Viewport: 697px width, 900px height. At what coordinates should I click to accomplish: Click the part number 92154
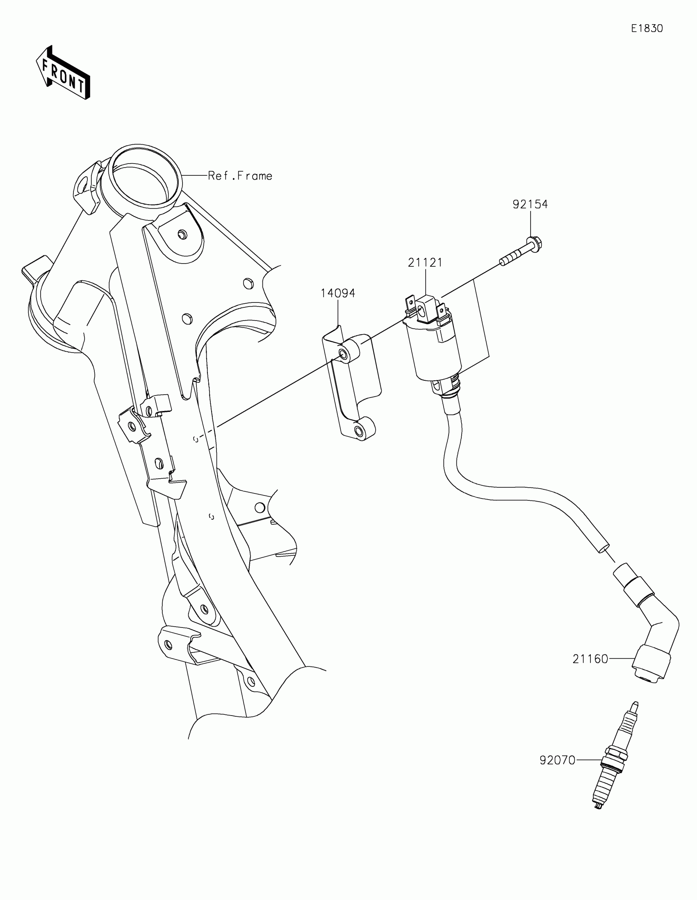530,205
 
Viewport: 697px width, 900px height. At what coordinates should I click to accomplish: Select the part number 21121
425,262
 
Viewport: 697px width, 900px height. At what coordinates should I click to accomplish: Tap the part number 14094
337,293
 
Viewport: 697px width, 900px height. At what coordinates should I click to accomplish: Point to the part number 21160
590,659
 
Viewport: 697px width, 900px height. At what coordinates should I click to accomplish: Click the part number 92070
557,760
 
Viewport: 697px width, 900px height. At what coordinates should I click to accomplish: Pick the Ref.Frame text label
240,176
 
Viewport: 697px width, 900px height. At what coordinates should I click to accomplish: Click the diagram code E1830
647,28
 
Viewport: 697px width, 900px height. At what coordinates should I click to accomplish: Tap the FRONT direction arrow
63,73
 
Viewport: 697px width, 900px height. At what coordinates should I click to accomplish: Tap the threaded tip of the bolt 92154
504,261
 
